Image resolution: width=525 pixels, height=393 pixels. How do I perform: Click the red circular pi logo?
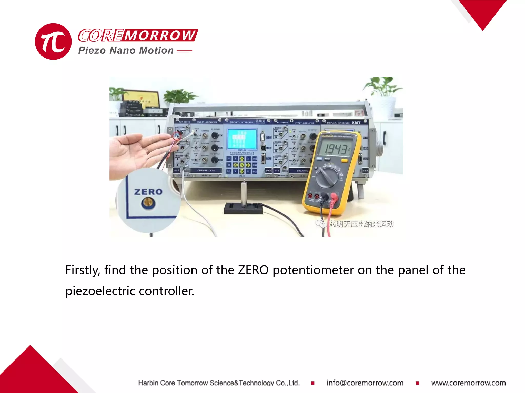coord(53,41)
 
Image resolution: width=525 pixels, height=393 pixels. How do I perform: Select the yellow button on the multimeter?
coord(345,161)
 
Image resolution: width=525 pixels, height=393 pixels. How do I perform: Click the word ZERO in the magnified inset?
coord(148,192)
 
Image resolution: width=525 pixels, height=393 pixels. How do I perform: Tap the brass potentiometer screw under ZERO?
coord(148,203)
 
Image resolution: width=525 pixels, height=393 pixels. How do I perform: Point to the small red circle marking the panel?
coord(177,135)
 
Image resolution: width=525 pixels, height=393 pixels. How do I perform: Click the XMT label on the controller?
coord(356,123)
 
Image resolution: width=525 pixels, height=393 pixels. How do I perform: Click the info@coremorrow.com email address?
coord(365,383)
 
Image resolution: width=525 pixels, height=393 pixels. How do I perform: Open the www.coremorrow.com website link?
coord(468,383)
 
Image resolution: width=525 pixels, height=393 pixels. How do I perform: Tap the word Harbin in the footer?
coord(148,383)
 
